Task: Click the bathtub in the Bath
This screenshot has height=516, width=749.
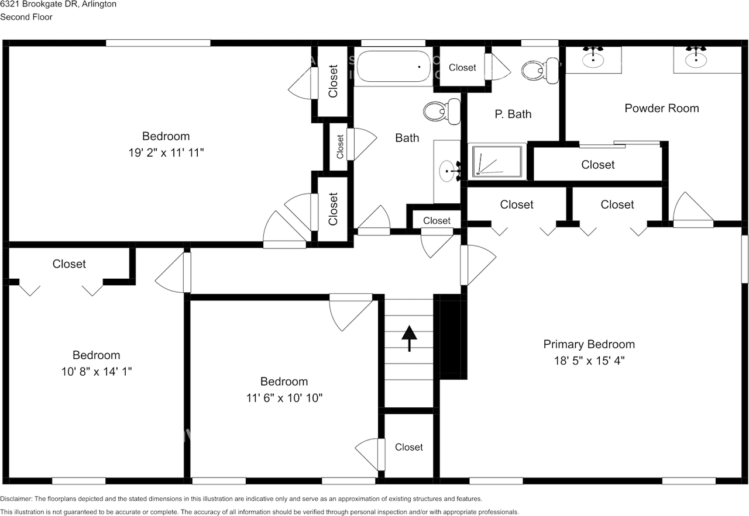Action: tap(393, 66)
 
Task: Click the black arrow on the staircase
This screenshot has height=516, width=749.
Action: tap(409, 338)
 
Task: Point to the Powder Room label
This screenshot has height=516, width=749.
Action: tap(662, 108)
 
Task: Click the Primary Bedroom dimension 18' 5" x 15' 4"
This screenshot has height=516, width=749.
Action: tap(589, 361)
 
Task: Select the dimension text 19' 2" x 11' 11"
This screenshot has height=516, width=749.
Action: tap(166, 153)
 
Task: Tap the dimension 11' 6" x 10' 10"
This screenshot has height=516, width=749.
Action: tap(284, 398)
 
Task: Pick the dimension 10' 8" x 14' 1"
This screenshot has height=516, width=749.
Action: tap(97, 372)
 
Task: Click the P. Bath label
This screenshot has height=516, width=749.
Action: tap(513, 114)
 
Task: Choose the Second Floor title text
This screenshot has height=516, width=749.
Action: tap(26, 17)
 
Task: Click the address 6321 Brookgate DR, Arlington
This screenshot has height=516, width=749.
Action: tap(58, 4)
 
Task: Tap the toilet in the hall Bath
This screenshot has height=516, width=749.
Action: tap(442, 112)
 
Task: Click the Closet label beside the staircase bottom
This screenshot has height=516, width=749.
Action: tap(408, 447)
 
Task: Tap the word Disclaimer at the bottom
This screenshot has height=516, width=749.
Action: tap(16, 498)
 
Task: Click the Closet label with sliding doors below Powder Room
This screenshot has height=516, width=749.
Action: tap(598, 165)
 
